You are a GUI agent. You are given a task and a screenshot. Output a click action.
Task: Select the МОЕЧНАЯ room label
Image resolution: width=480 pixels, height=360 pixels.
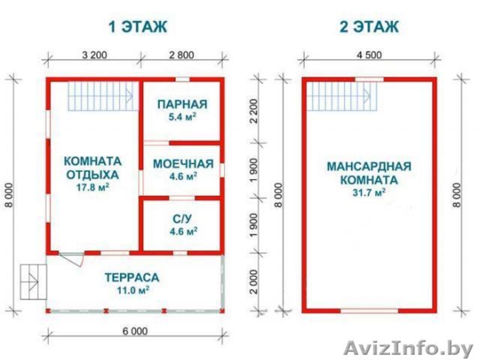[x=183, y=164]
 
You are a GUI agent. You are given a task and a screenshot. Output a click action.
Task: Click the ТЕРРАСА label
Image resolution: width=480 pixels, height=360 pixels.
[x=131, y=278]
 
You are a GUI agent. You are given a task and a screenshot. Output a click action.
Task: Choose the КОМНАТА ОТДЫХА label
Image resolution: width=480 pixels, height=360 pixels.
[x=92, y=168]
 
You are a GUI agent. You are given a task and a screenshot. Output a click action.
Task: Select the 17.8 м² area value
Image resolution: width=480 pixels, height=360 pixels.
[x=92, y=187]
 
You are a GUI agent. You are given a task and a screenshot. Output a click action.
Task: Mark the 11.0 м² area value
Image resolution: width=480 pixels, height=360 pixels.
[x=131, y=290]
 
